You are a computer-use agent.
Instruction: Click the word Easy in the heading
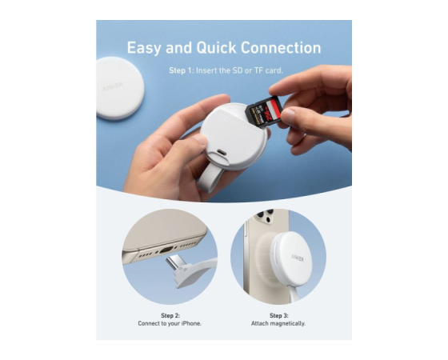144,48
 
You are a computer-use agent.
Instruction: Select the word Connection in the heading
281,48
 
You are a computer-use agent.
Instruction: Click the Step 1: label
181,70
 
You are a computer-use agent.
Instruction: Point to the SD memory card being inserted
264,111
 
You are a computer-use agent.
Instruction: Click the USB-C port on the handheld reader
222,152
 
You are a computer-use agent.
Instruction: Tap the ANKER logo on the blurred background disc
113,86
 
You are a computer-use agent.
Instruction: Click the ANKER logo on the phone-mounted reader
298,258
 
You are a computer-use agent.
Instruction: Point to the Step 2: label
170,315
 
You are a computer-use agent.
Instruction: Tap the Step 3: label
279,315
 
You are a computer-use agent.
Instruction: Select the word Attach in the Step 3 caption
260,323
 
